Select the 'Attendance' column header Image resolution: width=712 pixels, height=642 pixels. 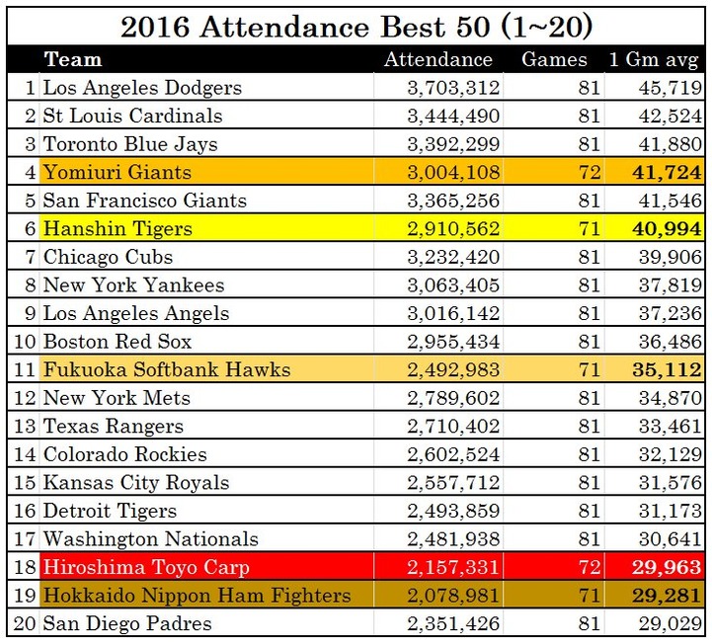(437, 60)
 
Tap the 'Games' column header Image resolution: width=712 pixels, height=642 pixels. (554, 60)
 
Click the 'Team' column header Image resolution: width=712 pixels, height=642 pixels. (73, 60)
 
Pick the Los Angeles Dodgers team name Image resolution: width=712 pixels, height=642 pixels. (142, 88)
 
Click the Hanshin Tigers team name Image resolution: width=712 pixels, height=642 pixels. (118, 229)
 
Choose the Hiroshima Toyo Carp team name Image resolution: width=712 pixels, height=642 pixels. (146, 568)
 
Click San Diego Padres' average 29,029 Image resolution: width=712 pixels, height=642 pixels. (668, 624)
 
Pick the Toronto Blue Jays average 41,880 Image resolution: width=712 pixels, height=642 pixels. (668, 144)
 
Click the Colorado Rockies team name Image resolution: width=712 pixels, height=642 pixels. (124, 455)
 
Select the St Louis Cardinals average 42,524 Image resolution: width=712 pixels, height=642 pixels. (668, 117)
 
